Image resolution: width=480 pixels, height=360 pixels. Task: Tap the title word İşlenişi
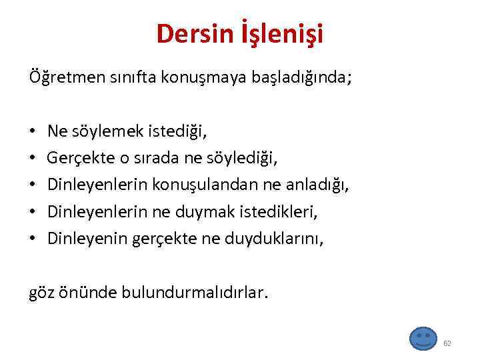pyautogui.click(x=282, y=34)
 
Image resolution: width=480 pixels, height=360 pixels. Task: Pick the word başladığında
pyautogui.click(x=297, y=77)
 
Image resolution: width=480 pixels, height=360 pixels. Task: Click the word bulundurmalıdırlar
pyautogui.click(x=195, y=293)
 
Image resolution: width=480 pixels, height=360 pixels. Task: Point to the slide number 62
pyautogui.click(x=447, y=343)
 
